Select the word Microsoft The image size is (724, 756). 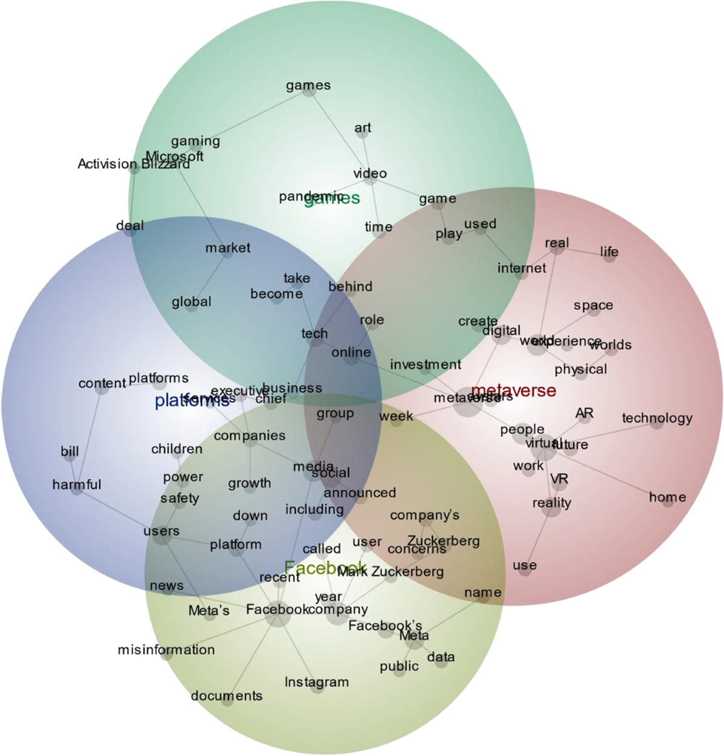(175, 156)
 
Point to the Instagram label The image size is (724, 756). (317, 682)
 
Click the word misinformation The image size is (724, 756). (167, 649)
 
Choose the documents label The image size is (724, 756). (227, 696)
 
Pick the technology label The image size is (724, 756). (657, 418)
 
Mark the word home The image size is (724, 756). (667, 497)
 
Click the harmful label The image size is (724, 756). (77, 485)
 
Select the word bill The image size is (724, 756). (70, 452)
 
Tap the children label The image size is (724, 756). (177, 449)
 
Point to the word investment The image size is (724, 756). (425, 364)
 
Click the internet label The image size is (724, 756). (522, 268)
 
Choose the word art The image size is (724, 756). (363, 128)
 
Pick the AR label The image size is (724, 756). (584, 413)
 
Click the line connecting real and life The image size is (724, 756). (582, 250)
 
